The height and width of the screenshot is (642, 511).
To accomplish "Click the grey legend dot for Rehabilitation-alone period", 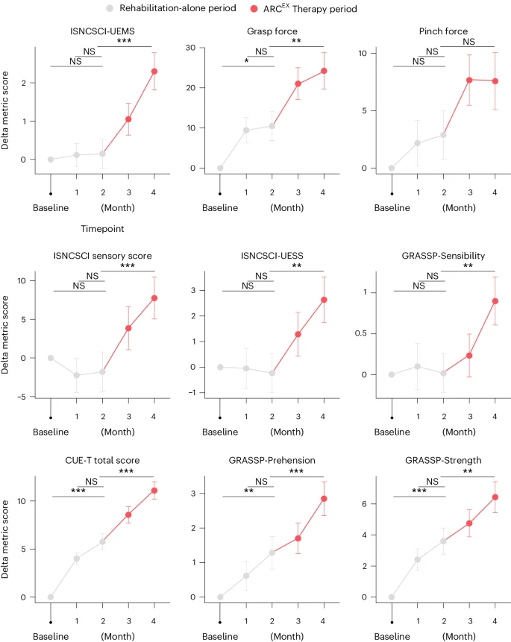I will [131, 9].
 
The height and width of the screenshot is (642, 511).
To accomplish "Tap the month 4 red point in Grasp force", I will [324, 71].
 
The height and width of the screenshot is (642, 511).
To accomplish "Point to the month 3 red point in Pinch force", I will [469, 80].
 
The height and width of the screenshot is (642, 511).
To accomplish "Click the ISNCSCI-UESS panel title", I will [272, 257].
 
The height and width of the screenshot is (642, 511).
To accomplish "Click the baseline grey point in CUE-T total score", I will [51, 597].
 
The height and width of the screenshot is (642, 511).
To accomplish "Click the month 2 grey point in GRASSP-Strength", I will [444, 541].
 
